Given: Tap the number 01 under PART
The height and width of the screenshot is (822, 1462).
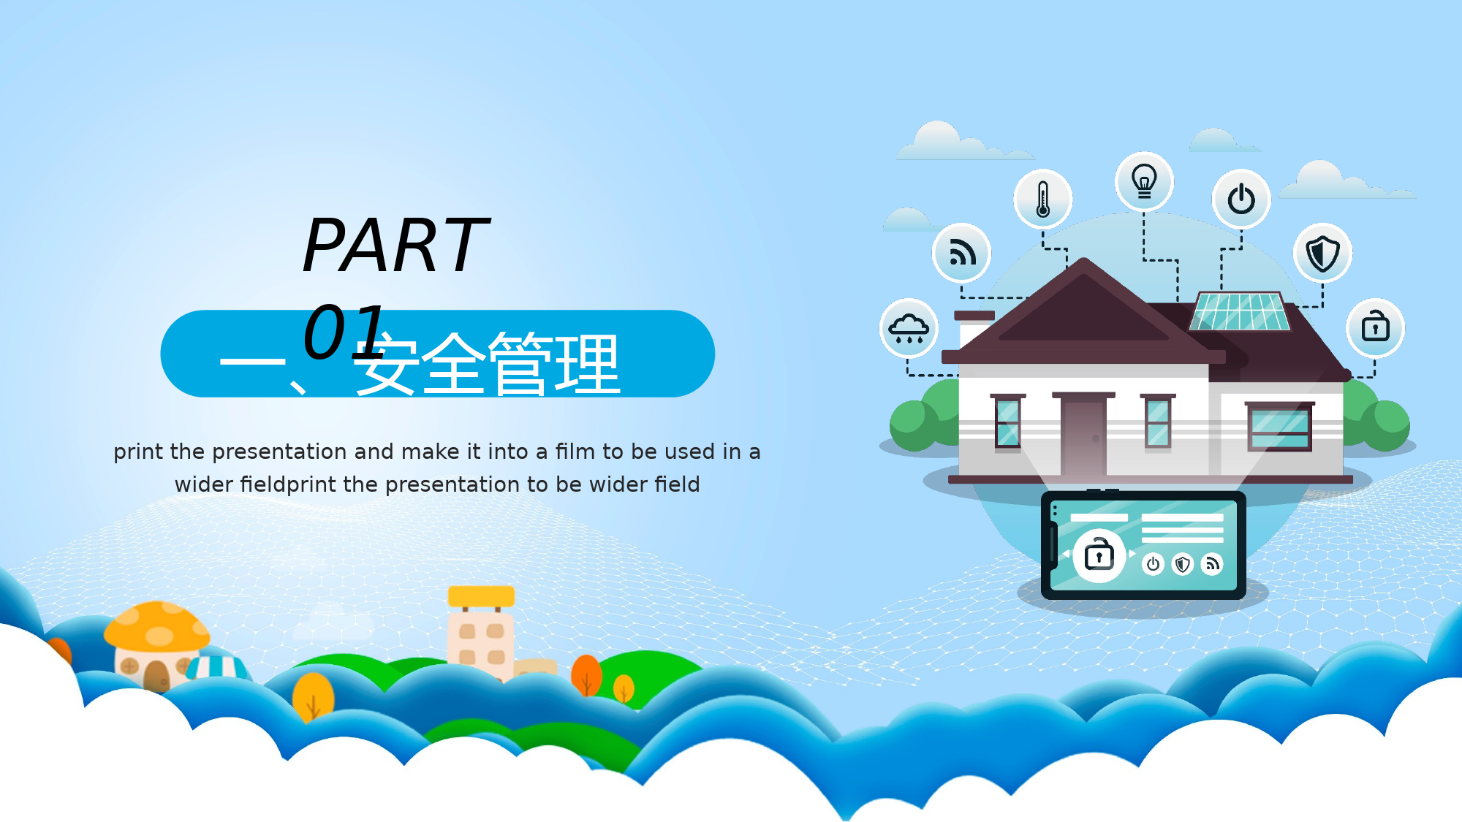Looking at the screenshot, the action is (344, 332).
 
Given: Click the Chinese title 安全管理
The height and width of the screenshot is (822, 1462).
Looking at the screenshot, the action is (488, 363).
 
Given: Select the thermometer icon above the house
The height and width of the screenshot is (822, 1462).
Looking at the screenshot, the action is (1043, 199).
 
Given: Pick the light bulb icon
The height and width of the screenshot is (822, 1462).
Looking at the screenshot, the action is (1144, 181).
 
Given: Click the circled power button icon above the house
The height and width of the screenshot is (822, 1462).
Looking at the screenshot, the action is (1241, 199).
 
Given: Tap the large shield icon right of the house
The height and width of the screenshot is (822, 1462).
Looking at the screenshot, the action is (1322, 254).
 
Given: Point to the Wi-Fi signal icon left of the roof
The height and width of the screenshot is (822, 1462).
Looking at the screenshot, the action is (962, 253).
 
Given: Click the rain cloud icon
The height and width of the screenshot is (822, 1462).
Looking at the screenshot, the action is (909, 328).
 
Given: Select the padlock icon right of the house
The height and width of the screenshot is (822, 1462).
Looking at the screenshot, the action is (1375, 327).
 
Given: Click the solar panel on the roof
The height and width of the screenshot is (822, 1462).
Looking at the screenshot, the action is (1240, 312).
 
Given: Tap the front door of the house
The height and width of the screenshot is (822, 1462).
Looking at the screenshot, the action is (1083, 435).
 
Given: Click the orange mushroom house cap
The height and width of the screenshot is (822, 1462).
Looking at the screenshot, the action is (156, 625).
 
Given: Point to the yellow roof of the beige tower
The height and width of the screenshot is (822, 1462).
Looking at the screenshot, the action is (481, 596).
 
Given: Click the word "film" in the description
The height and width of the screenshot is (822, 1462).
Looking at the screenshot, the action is (575, 452).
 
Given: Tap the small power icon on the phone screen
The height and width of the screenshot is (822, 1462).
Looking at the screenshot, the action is (1153, 564).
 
